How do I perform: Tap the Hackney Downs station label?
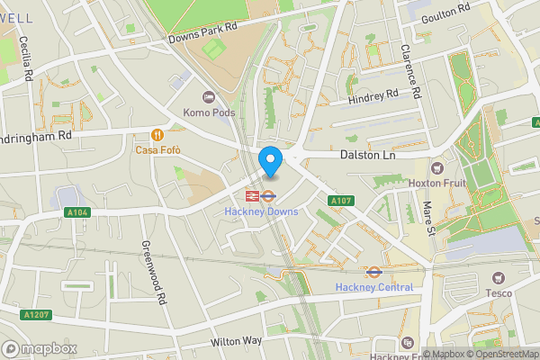tap(261, 211)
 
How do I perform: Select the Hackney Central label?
tap(373, 287)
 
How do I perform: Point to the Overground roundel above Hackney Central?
tap(373, 271)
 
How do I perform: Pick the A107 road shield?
tap(339, 200)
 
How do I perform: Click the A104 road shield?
tap(78, 211)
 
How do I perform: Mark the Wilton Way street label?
tap(236, 342)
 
